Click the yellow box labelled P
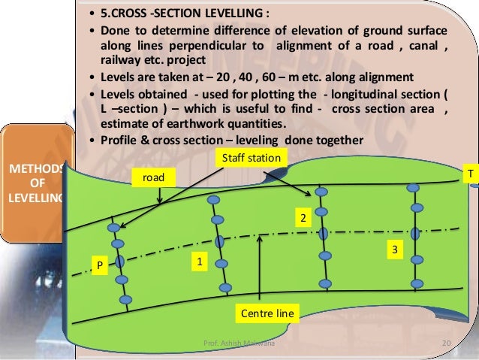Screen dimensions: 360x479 tap(97, 265)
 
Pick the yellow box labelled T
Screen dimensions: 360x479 tap(470, 174)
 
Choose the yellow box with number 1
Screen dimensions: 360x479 tap(198, 263)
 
